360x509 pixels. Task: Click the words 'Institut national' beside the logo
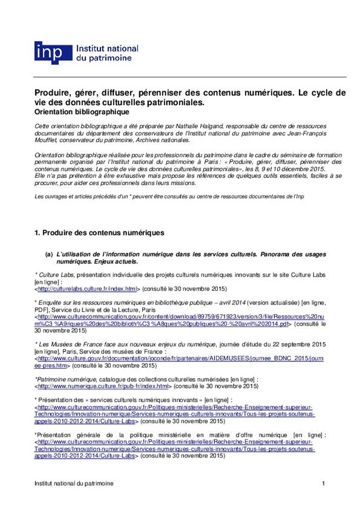pyautogui.click(x=107, y=49)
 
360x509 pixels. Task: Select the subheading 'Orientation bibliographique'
pyautogui.click(x=81, y=112)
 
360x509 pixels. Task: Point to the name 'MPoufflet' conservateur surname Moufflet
pyautogui.click(x=45, y=140)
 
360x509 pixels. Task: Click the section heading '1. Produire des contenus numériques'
pyautogui.click(x=99, y=233)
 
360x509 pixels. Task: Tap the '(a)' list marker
pyautogui.click(x=49, y=255)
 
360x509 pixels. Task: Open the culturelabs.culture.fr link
pyautogui.click(x=87, y=289)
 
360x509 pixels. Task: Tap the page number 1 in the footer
pyautogui.click(x=323, y=484)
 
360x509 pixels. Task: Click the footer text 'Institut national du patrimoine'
pyautogui.click(x=73, y=484)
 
